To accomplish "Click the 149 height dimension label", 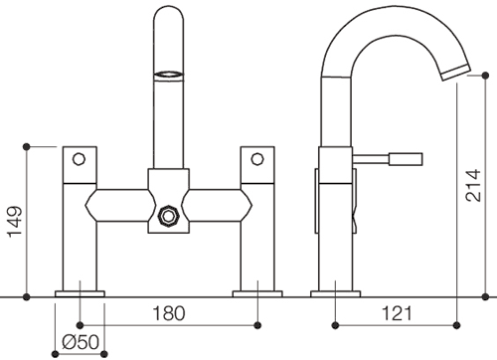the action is (x=15, y=221).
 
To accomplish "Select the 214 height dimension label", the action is (x=473, y=185).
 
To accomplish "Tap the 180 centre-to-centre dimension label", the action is (x=169, y=313).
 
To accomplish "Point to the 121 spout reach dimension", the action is (x=397, y=313).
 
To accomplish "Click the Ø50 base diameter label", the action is (x=81, y=342).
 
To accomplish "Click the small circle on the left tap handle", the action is (x=79, y=159).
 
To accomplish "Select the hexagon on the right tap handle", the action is (x=257, y=159).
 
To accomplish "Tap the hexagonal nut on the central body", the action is (x=169, y=217).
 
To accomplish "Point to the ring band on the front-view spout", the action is (x=168, y=76).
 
